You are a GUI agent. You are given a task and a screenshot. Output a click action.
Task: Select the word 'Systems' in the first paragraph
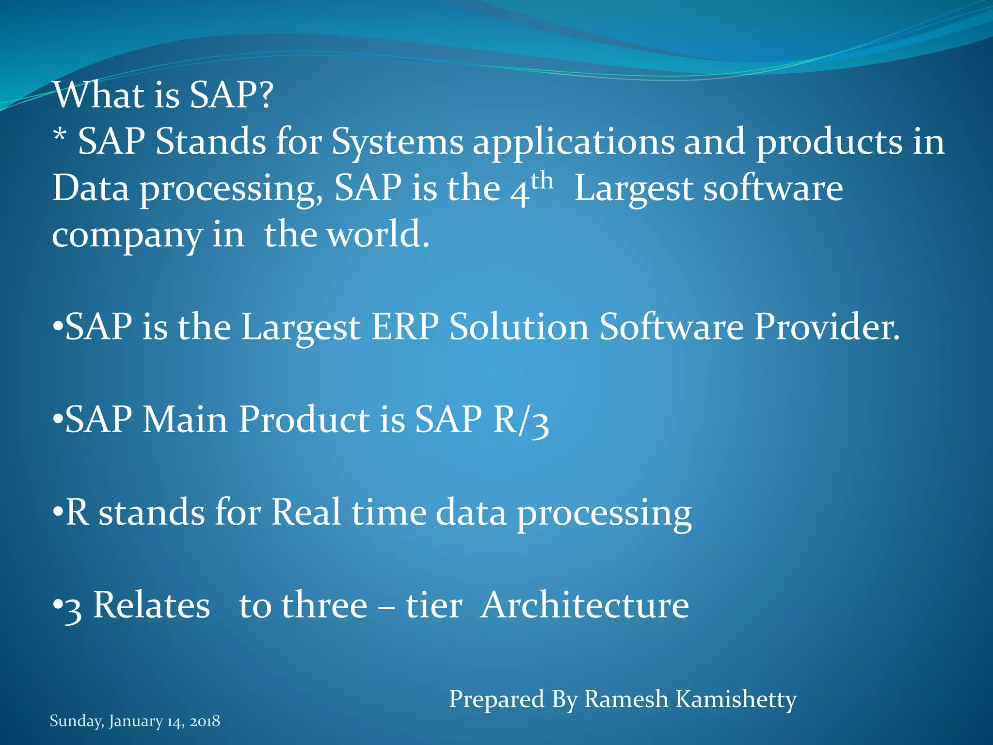(x=397, y=143)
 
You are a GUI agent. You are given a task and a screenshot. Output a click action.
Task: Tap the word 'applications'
(x=574, y=143)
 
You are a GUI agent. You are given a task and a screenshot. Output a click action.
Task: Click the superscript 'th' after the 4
(x=542, y=181)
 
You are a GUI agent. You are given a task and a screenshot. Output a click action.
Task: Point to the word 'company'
(x=127, y=236)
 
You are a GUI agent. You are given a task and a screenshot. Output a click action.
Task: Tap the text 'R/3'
(x=521, y=420)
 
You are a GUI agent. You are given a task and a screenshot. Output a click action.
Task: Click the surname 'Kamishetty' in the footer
(x=736, y=699)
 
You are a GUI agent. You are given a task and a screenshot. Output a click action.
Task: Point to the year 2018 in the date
(x=205, y=721)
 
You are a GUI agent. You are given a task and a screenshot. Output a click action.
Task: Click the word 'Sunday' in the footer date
(x=76, y=721)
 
